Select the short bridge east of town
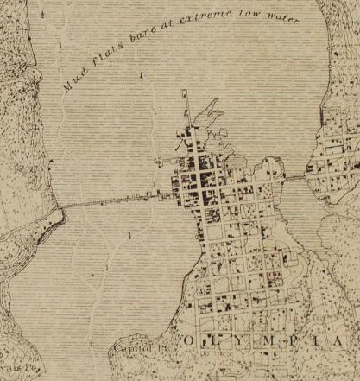click(x=296, y=177)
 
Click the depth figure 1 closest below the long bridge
click(x=128, y=235)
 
